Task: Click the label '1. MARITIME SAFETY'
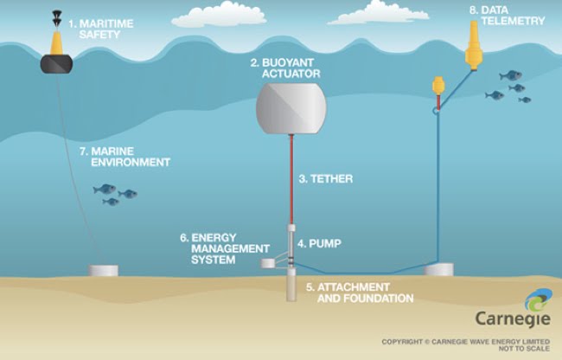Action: tap(100, 29)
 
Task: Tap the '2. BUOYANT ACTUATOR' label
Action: tap(285, 68)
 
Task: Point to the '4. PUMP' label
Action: tap(319, 244)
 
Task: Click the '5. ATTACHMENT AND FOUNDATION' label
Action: tap(360, 292)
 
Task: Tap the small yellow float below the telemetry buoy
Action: tap(437, 87)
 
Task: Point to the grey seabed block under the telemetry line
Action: tap(438, 269)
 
